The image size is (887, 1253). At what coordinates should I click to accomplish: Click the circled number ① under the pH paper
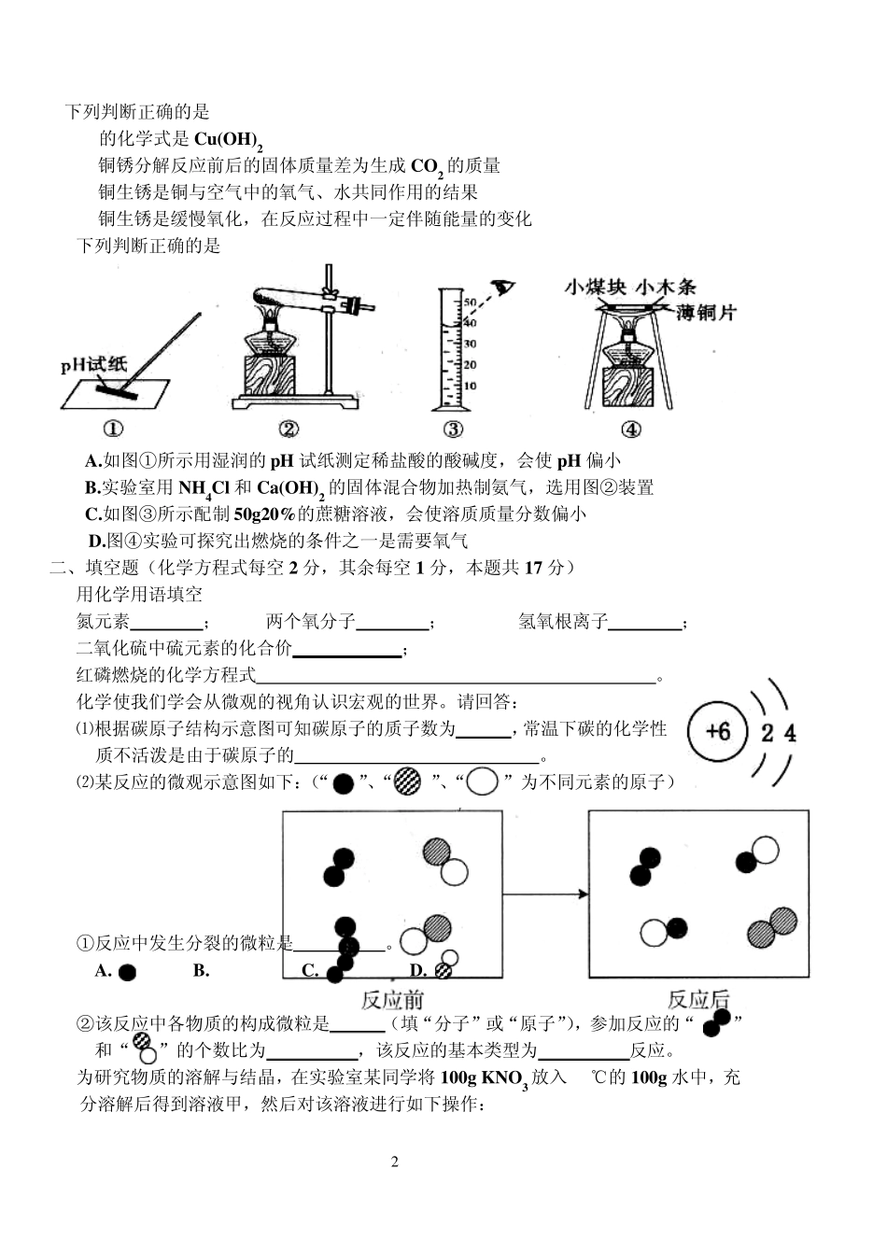(113, 429)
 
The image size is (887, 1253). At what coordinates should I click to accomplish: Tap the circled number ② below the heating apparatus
(289, 429)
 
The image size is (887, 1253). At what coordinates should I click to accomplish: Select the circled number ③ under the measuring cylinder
(453, 429)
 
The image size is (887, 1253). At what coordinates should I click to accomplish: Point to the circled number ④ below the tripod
(632, 429)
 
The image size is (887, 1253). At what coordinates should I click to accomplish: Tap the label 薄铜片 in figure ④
(707, 313)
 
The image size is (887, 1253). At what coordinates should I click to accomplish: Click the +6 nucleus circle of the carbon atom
(718, 732)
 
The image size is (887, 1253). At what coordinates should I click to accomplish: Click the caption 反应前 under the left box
(392, 999)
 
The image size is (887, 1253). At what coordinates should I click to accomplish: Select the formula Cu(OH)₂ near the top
(228, 140)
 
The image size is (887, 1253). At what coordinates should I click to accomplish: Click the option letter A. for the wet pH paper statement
(92, 460)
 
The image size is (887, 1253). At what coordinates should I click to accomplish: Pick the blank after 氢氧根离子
(645, 623)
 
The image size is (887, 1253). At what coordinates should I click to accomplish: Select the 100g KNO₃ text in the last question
(484, 1078)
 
